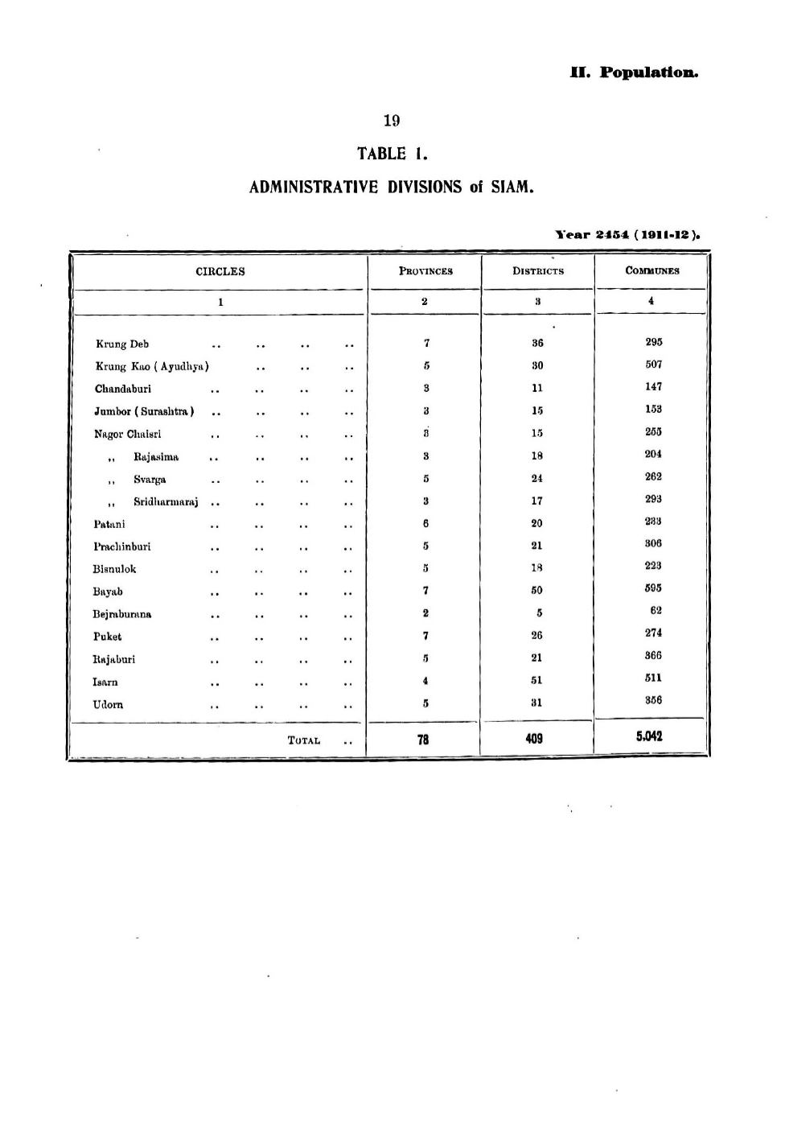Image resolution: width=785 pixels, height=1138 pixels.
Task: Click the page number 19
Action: coord(392,121)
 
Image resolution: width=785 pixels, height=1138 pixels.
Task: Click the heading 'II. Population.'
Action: coord(634,72)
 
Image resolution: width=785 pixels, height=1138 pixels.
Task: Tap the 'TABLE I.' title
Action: coord(391,153)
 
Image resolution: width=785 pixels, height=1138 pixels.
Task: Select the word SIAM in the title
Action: coord(512,188)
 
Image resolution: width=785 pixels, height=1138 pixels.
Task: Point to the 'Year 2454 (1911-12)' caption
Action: coord(628,236)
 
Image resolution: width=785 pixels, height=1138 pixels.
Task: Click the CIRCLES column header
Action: coord(220,271)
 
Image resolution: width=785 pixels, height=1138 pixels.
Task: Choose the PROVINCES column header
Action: coord(425,271)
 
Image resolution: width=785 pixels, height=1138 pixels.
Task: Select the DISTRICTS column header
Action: coord(538,271)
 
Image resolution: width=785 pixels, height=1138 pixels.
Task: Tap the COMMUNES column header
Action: coord(652,271)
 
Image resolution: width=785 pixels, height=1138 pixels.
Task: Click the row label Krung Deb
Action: coord(122,344)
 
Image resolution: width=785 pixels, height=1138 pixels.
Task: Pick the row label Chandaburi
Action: coord(123,389)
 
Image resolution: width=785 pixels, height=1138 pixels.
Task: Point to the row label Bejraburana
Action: coord(122,614)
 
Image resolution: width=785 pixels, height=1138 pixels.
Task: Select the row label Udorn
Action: coord(109,704)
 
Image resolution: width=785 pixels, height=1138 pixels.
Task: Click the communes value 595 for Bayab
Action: coord(653,588)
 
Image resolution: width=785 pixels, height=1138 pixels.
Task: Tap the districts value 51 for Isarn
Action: coord(536,679)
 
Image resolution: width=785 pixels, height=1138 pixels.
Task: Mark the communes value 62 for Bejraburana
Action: coord(656,611)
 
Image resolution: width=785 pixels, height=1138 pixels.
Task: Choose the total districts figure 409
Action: coord(534,738)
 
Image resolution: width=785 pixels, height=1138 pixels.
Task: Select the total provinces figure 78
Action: coord(424,739)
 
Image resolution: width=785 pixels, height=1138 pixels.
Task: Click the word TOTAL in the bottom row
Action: coord(304,740)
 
